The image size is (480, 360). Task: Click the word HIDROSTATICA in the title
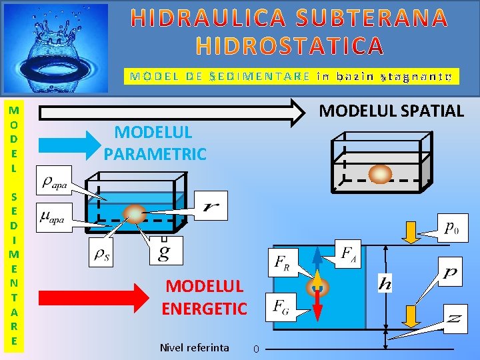(x=290, y=45)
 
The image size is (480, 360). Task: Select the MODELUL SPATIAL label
(x=391, y=111)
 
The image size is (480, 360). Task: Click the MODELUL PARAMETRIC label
(x=155, y=143)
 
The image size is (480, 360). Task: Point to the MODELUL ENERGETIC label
(x=204, y=297)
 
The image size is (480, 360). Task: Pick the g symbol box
(x=163, y=251)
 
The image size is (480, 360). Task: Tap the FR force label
(x=282, y=263)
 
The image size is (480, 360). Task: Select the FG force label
(x=281, y=307)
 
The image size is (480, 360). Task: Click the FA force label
(x=349, y=253)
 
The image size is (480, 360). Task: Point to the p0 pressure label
(x=451, y=227)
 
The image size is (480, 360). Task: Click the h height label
(x=385, y=283)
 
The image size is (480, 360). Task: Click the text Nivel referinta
(x=195, y=347)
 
